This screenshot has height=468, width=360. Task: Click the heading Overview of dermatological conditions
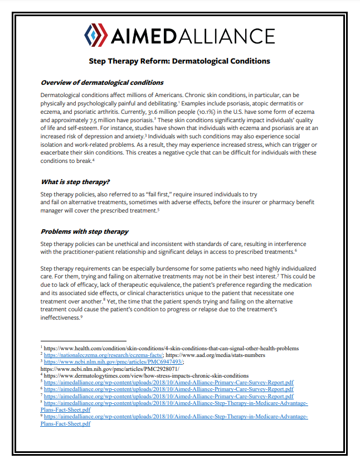click(x=102, y=83)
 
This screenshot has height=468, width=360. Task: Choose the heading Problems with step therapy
click(x=85, y=231)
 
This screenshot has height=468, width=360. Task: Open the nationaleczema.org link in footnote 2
click(x=103, y=355)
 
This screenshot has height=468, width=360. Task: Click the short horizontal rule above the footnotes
click(x=72, y=341)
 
